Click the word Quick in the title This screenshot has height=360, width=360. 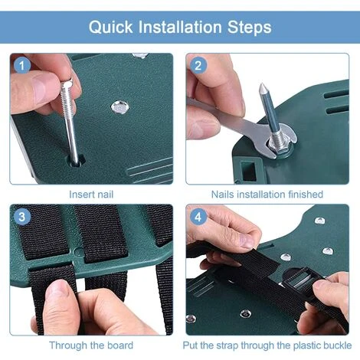tap(111, 27)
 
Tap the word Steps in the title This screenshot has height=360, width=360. tap(249, 28)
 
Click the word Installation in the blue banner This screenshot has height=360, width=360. tap(180, 27)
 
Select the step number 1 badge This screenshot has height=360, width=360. tap(21, 66)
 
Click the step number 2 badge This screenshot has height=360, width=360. tap(198, 66)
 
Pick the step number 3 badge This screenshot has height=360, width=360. tap(21, 217)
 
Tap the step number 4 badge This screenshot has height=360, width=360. tap(198, 217)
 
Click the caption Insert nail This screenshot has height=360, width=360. tap(91, 195)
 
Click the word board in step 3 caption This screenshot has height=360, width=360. tap(120, 345)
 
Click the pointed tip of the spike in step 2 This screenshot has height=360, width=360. tap(261, 84)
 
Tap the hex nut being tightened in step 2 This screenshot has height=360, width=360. tap(280, 146)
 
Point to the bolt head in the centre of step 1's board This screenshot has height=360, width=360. tap(119, 107)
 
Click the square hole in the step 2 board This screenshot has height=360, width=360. tap(248, 170)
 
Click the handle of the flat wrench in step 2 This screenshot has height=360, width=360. tap(224, 113)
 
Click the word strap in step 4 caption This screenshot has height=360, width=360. tap(227, 345)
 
